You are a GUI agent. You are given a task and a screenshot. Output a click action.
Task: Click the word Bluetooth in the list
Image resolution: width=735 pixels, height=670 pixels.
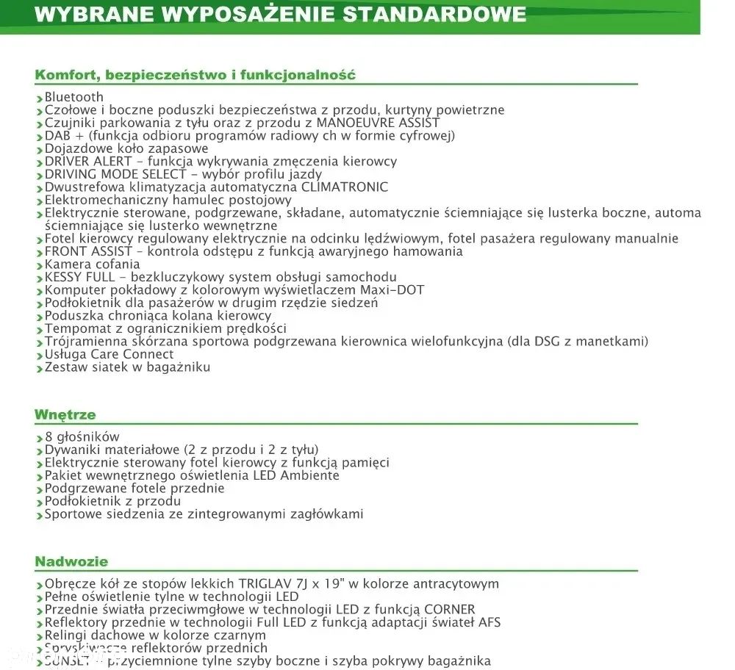click(74, 97)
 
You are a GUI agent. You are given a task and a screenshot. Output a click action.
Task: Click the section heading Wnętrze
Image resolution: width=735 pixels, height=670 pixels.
click(65, 415)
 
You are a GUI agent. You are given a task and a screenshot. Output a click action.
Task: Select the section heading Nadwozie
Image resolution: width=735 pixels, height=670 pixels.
click(71, 562)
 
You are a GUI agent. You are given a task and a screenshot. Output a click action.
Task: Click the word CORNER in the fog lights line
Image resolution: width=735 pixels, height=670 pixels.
click(450, 610)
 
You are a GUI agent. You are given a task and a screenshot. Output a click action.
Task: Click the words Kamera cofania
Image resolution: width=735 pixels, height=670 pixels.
click(92, 264)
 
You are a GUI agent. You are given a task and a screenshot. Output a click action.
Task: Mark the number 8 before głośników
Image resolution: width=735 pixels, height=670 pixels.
click(49, 437)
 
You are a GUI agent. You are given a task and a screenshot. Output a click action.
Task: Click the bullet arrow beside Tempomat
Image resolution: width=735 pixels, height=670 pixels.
click(39, 330)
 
